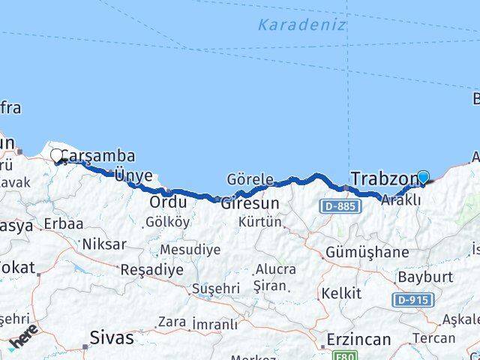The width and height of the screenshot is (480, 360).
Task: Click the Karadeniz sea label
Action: [301, 25]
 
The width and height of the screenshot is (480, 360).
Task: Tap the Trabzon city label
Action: [383, 179]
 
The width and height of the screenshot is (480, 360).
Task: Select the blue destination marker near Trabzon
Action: [423, 178]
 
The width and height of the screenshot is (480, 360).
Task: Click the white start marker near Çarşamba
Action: [57, 156]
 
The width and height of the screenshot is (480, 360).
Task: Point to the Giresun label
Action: [250, 202]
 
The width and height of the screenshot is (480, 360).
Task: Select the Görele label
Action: [250, 180]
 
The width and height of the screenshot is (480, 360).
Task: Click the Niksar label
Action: [104, 244]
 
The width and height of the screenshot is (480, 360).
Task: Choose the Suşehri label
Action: [215, 288]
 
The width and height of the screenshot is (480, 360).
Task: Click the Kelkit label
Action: [341, 292]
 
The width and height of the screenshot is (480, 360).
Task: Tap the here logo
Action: [25, 342]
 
